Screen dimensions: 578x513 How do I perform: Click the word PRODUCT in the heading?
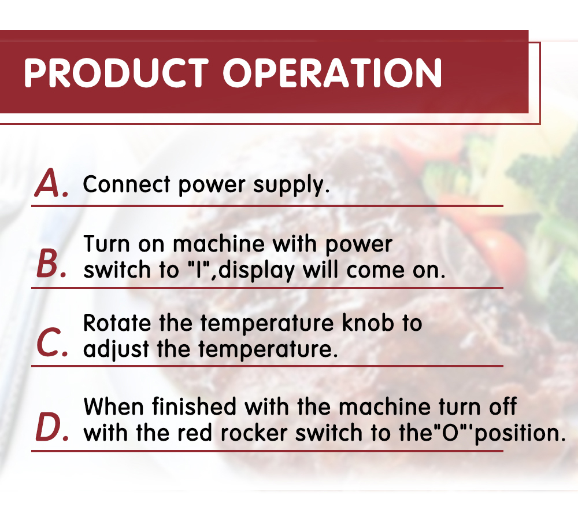(x=116, y=72)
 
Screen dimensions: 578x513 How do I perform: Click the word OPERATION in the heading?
(x=332, y=72)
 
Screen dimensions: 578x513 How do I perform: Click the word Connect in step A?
(x=127, y=184)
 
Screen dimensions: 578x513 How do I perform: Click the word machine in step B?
(x=219, y=244)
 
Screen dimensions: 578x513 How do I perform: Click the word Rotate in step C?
(x=117, y=323)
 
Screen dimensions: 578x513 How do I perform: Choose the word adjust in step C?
(x=116, y=350)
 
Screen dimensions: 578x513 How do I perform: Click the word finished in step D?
(x=194, y=407)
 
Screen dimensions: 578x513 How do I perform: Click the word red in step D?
(x=195, y=433)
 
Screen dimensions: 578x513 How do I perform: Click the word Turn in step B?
(x=107, y=244)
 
